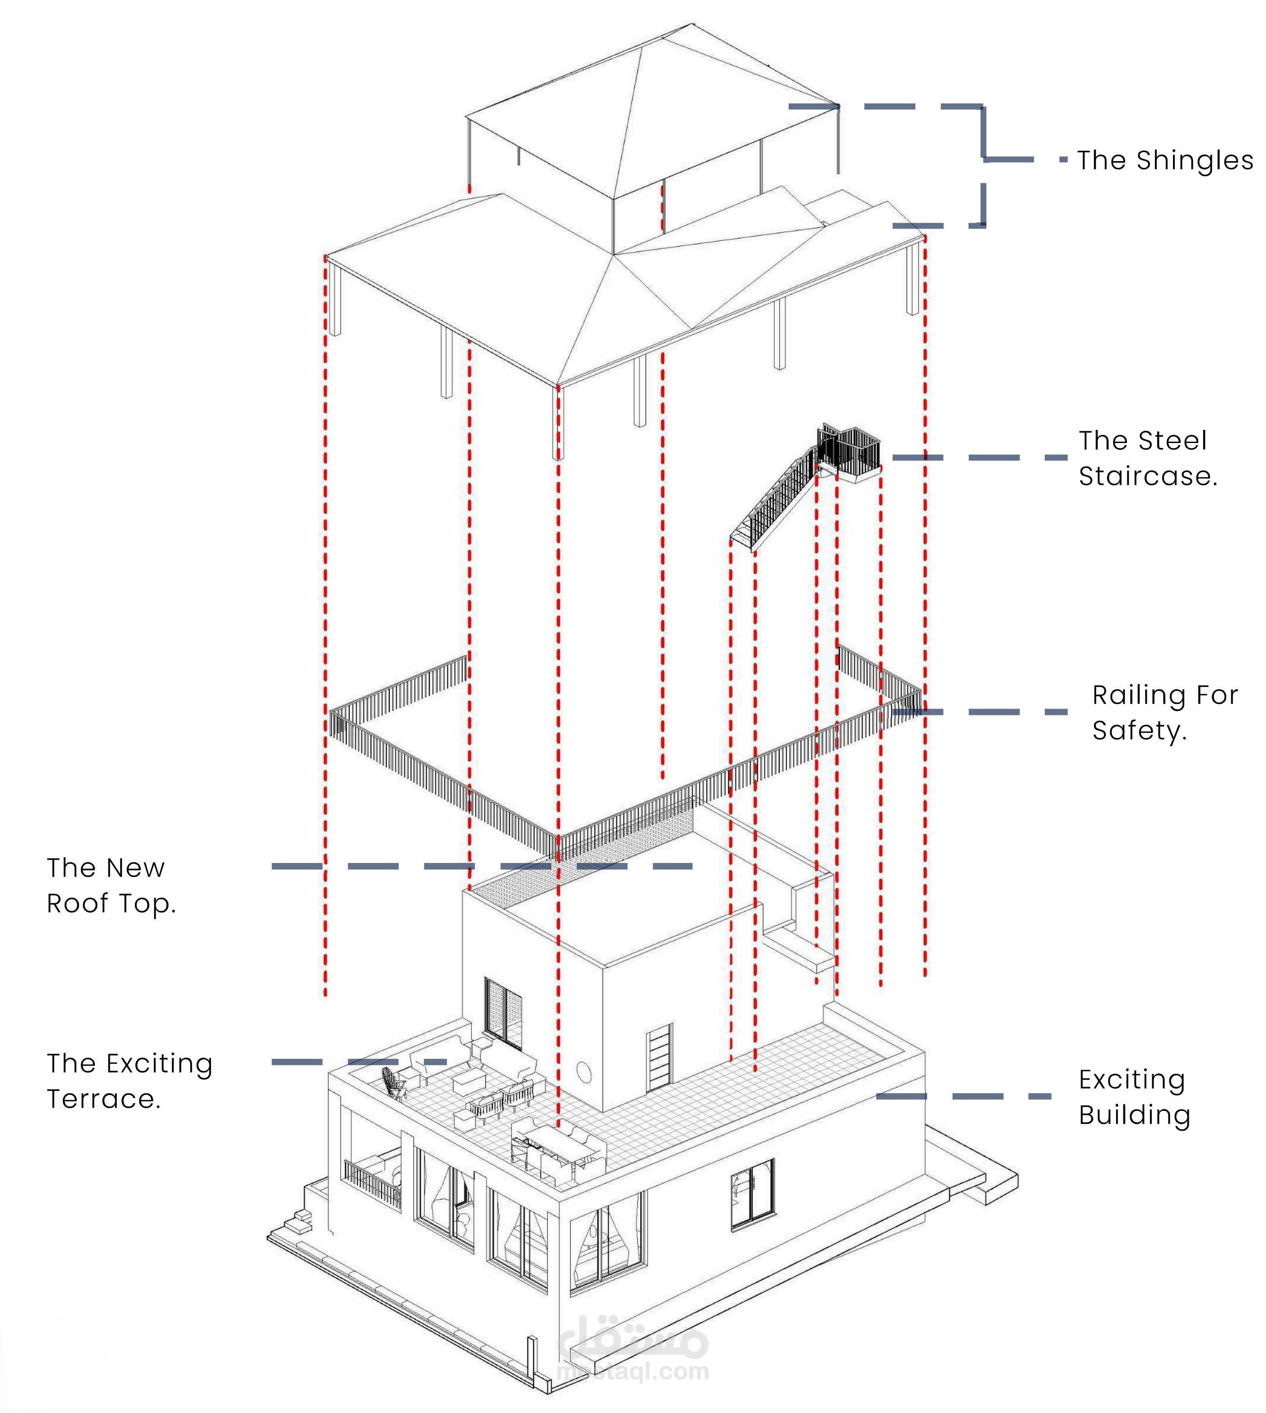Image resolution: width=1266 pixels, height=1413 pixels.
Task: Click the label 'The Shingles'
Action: (1165, 161)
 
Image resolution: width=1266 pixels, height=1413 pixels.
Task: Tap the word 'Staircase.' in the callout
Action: (1148, 476)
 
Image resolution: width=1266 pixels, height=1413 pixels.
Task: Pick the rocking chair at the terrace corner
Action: (395, 1084)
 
